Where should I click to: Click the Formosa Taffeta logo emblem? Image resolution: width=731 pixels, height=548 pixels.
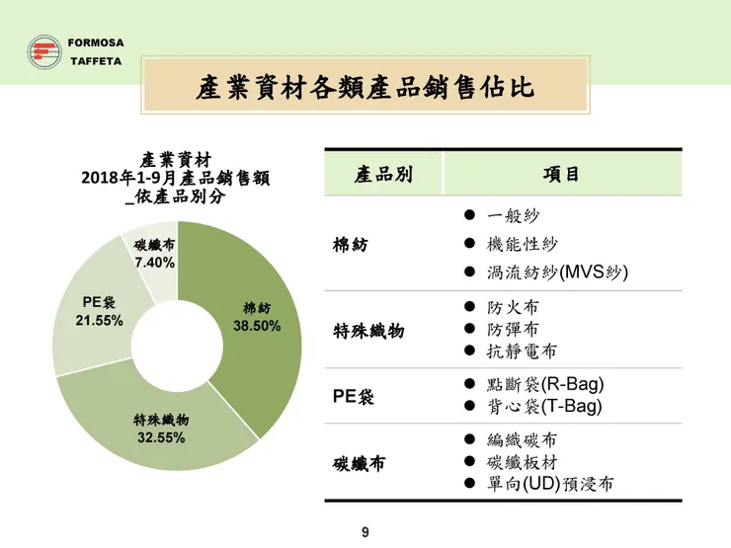tap(41, 51)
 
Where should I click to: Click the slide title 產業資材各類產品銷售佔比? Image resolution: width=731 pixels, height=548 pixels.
tap(365, 88)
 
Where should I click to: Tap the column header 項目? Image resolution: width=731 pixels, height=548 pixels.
tap(561, 175)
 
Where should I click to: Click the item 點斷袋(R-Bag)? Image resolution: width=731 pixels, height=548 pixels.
tap(546, 384)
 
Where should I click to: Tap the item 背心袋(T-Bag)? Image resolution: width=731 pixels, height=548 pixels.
tap(545, 406)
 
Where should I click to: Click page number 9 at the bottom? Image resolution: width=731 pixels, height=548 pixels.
tap(365, 534)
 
